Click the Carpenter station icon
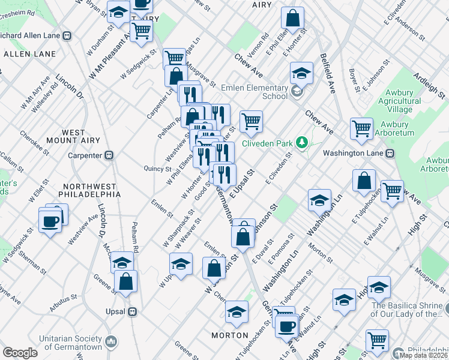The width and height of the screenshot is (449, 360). [x=109, y=155]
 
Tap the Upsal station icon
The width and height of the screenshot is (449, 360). [x=132, y=312]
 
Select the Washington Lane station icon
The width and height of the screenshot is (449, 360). [x=389, y=153]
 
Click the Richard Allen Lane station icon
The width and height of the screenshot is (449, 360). [x=67, y=35]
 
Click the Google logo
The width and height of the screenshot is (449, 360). [x=20, y=352]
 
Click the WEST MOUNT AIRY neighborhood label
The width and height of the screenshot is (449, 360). [x=73, y=137]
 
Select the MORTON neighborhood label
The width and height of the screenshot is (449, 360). [x=230, y=335]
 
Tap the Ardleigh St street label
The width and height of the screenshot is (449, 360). [x=430, y=87]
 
